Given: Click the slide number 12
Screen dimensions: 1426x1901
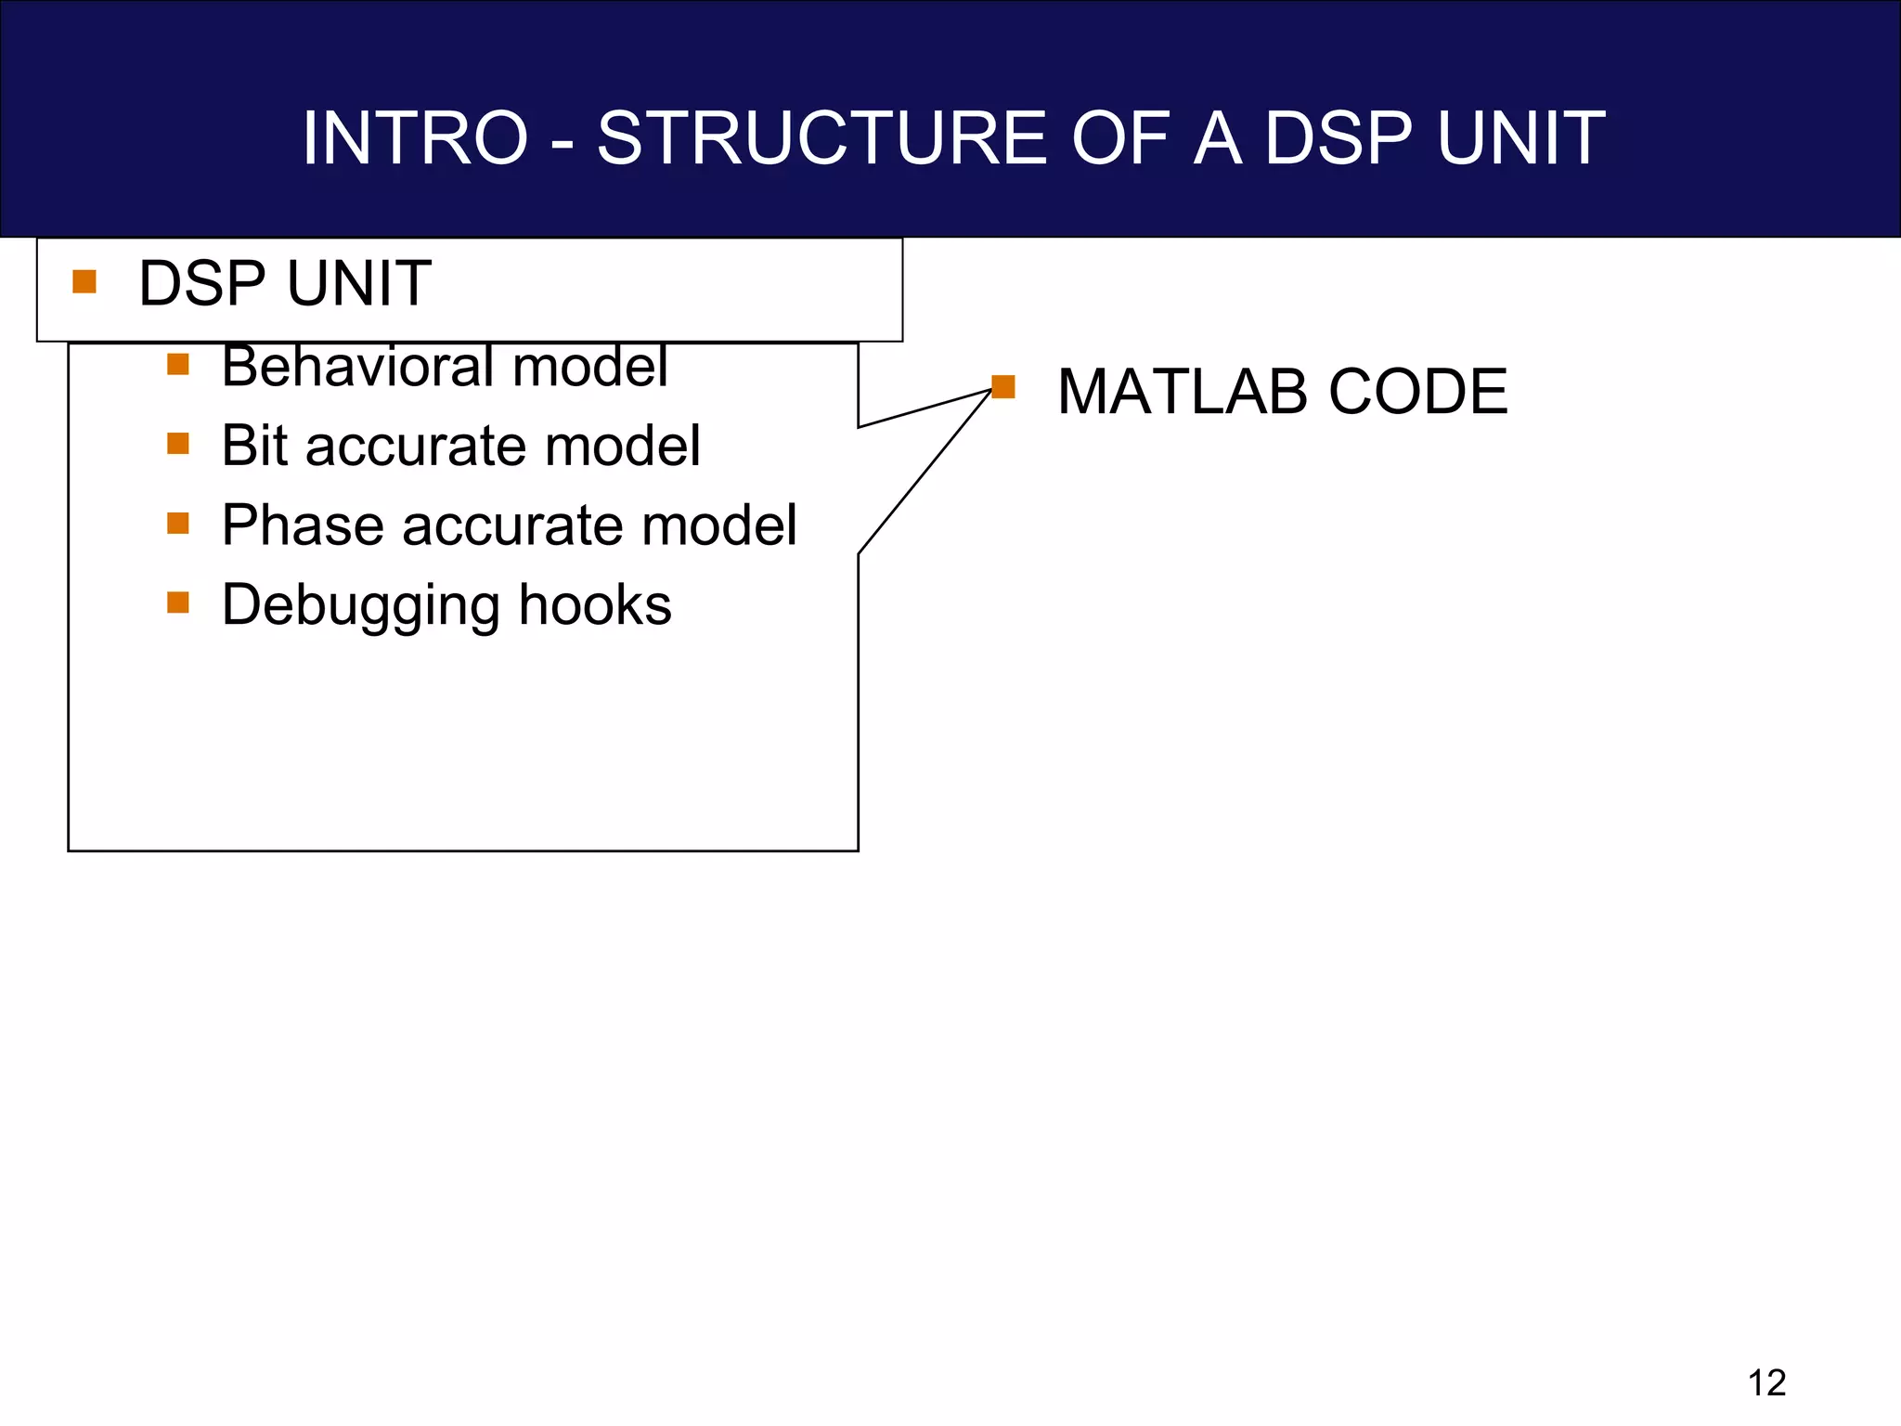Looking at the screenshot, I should pos(1766,1383).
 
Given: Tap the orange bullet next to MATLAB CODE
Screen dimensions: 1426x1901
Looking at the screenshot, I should pos(1003,386).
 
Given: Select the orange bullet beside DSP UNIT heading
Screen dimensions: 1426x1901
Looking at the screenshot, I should pos(84,281).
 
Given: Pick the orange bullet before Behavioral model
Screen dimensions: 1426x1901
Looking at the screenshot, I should pos(178,364).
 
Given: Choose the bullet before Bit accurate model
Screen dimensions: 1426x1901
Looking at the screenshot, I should pos(178,444).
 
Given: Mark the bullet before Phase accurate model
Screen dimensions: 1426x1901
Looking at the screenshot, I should pos(178,524).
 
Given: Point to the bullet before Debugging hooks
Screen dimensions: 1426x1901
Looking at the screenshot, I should pos(178,603).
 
